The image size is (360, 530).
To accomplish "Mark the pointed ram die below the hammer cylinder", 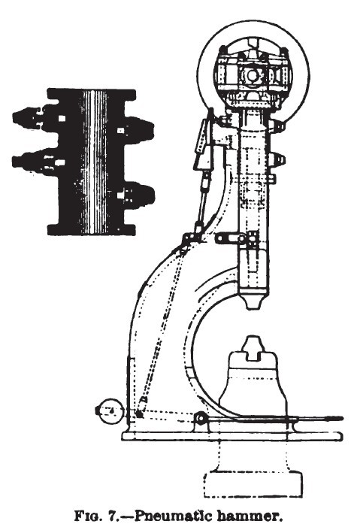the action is pyautogui.click(x=253, y=300).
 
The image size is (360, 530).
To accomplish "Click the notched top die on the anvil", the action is pyautogui.click(x=253, y=348).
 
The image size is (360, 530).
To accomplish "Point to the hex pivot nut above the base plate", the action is pyautogui.click(x=200, y=419).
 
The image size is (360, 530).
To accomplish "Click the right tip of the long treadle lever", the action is pyautogui.click(x=342, y=419).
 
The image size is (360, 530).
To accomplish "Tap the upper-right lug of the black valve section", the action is pyautogui.click(x=138, y=131).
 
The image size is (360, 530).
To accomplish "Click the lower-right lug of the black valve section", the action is pyautogui.click(x=138, y=195).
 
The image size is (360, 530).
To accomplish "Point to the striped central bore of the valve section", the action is pyautogui.click(x=94, y=162).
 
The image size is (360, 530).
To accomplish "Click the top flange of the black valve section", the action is pyautogui.click(x=91, y=94).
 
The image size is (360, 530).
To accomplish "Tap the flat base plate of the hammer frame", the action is pyautogui.click(x=232, y=436).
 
